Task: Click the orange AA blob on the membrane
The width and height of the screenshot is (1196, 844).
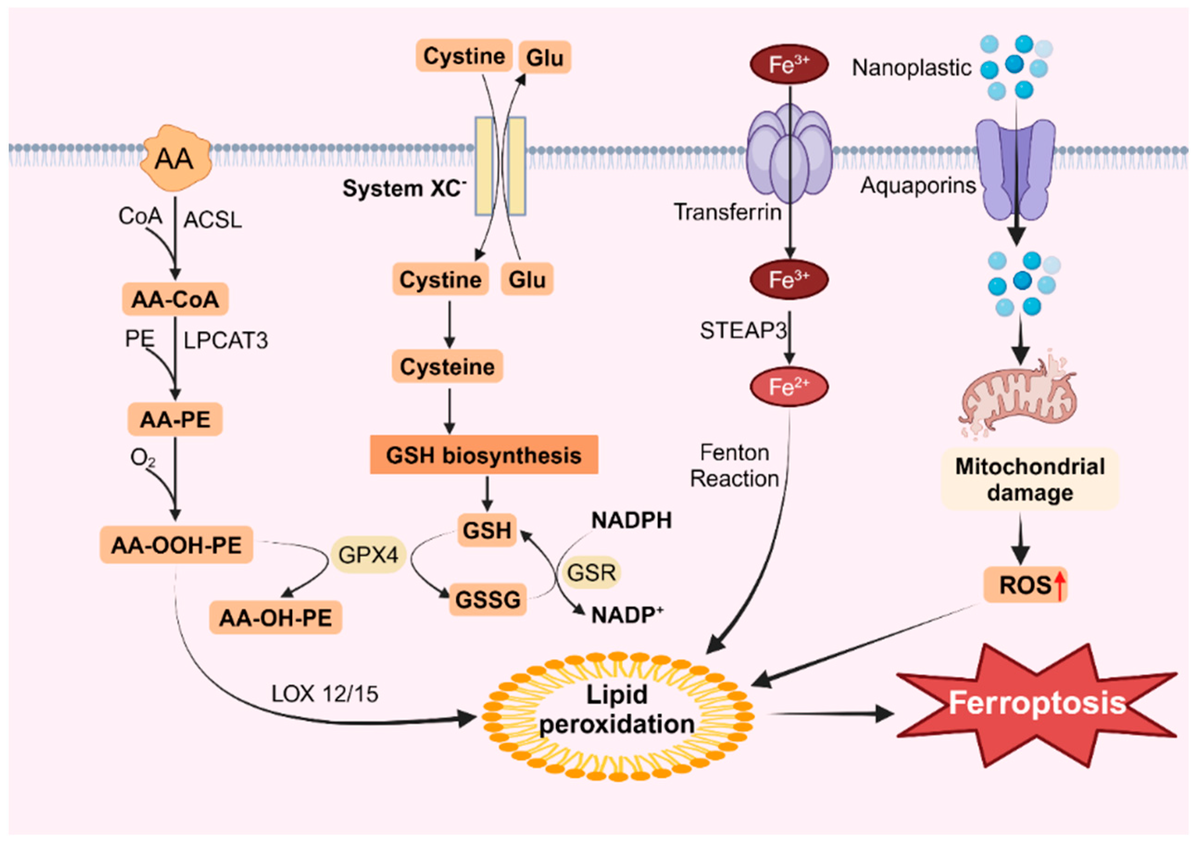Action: coord(176,158)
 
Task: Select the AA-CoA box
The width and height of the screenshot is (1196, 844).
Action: coord(175,299)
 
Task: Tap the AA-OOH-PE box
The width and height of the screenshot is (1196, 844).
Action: coord(176,546)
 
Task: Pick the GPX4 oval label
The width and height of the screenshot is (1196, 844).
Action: coord(368,555)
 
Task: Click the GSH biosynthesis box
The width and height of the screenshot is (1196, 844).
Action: coord(483,455)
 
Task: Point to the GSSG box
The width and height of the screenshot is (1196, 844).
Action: coord(488,599)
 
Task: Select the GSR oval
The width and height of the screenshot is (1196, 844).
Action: coord(591,572)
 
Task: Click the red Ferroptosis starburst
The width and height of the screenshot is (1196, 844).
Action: coord(1037,704)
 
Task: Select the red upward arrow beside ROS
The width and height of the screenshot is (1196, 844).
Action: coord(1059,585)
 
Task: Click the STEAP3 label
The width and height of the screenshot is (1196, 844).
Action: coord(742,330)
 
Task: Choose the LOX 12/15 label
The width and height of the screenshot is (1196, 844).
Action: coord(325,694)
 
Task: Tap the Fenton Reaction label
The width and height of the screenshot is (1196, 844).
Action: coord(734,465)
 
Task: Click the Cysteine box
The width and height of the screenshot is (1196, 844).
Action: coord(447,367)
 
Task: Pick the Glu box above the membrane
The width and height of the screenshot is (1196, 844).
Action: coord(545,57)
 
